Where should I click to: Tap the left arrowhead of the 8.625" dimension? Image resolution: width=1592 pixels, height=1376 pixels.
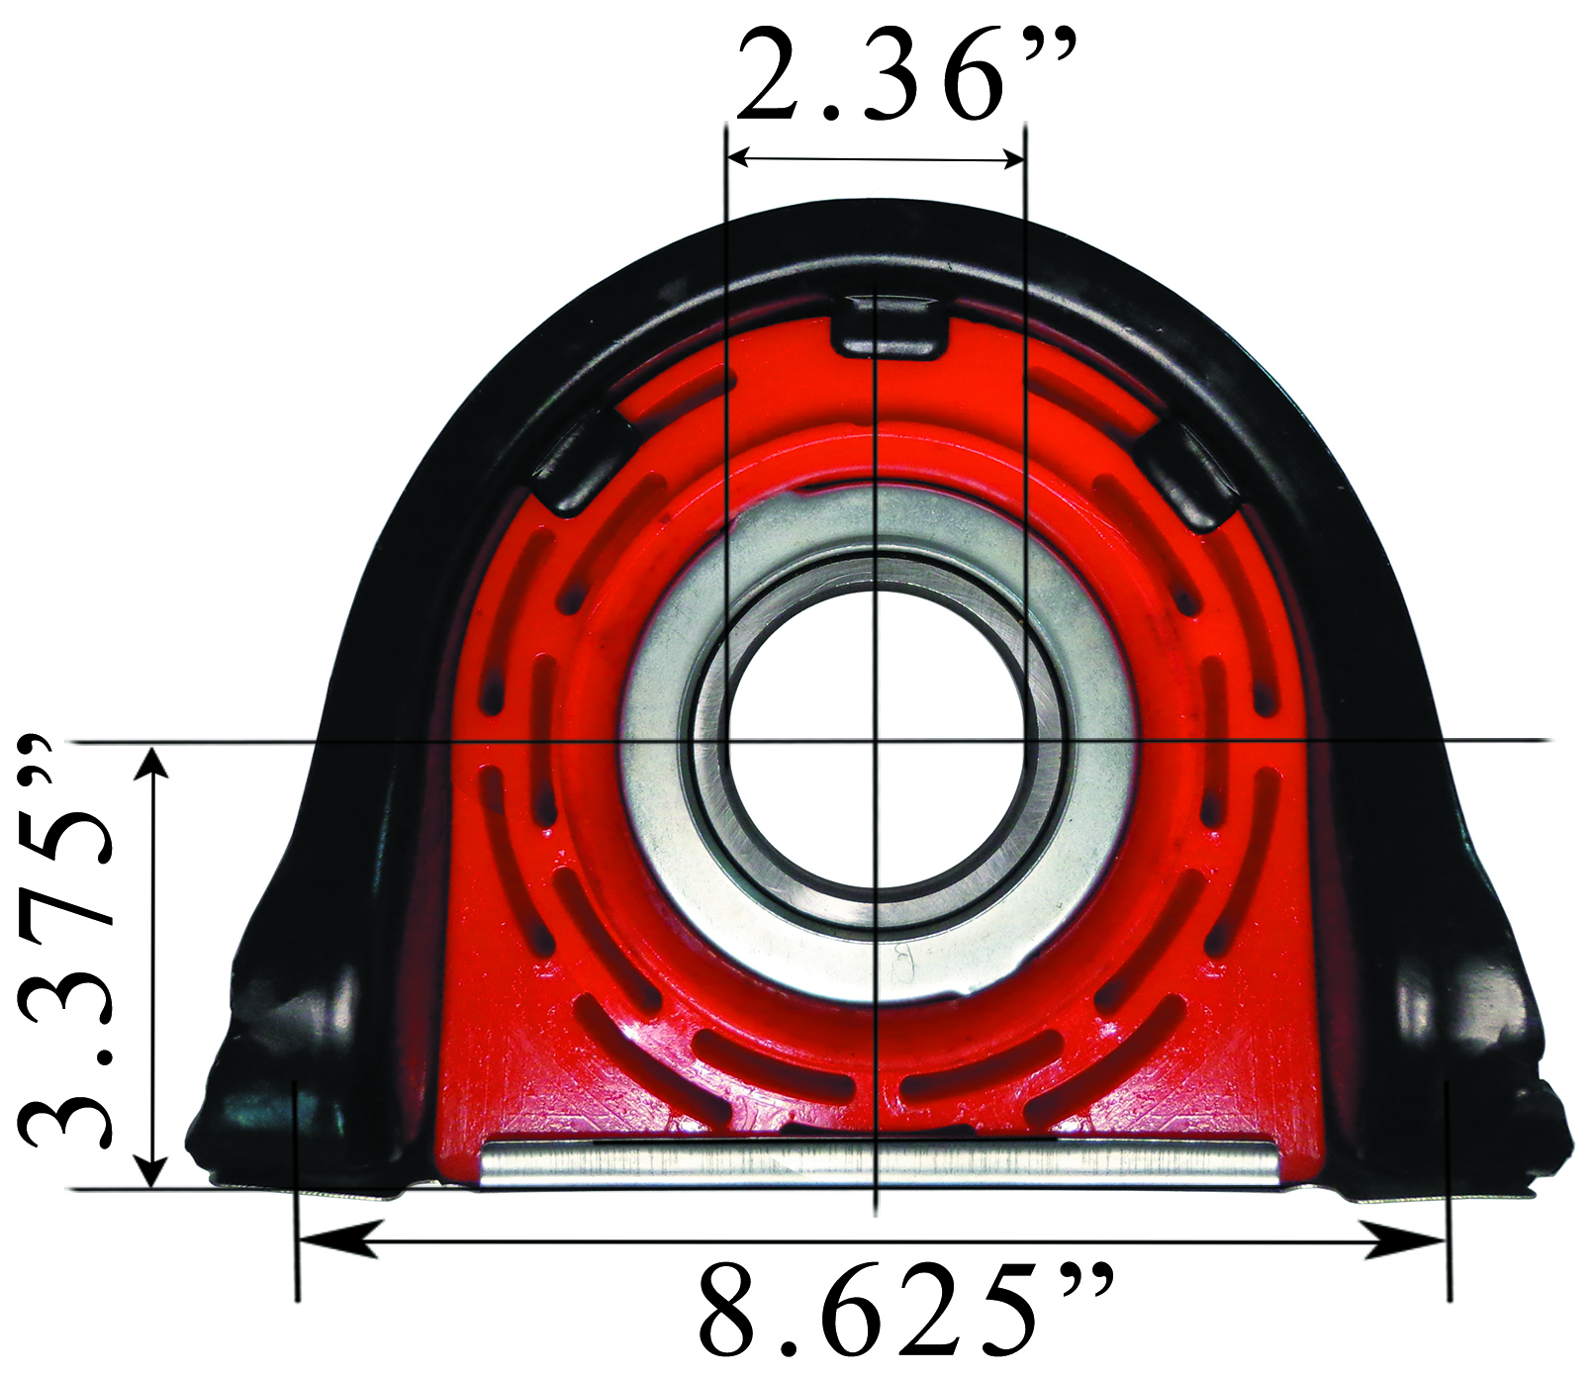click(x=336, y=1239)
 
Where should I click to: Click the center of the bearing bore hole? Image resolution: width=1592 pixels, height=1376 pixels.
click(x=877, y=740)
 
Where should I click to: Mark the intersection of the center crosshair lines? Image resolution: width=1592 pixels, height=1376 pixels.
click(x=877, y=740)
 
